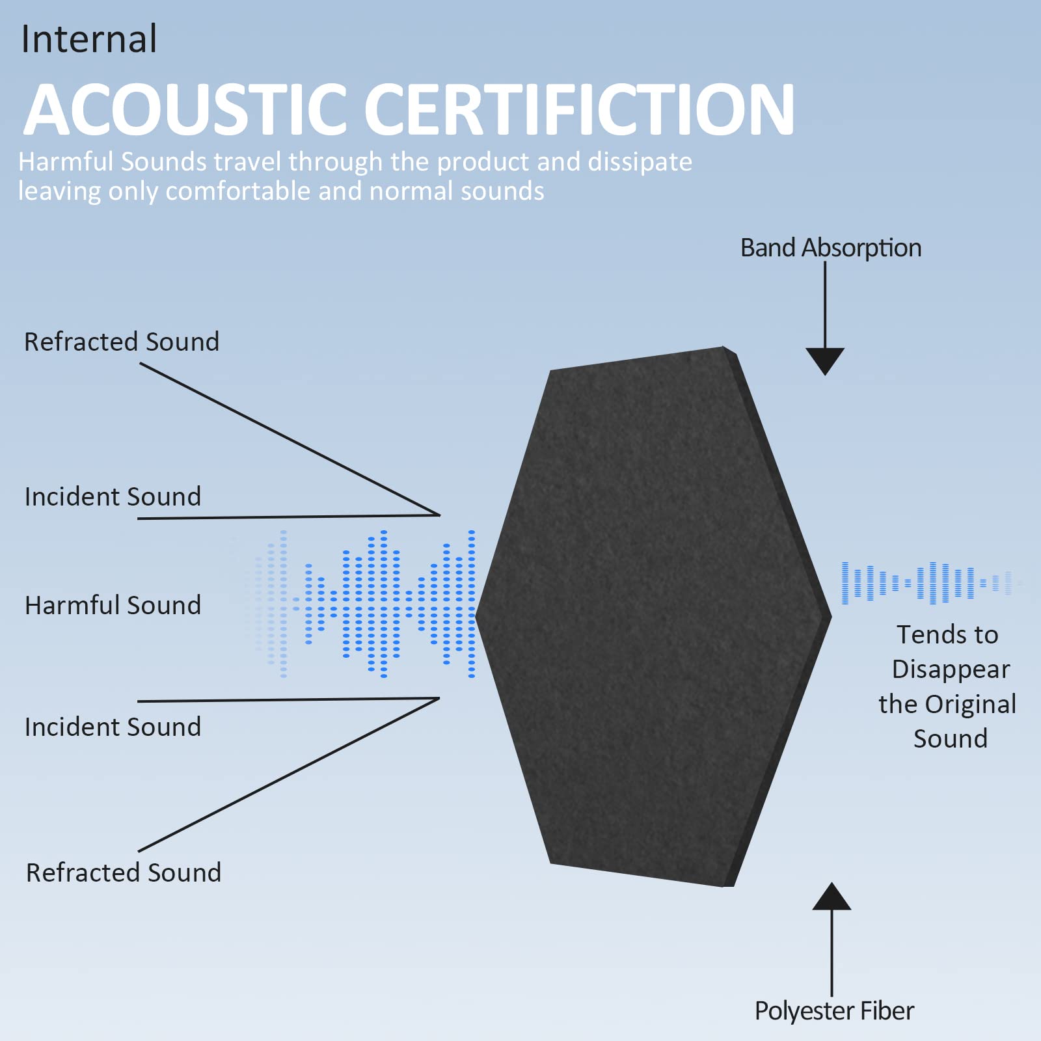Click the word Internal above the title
point(89,39)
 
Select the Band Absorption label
point(831,248)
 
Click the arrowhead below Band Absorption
point(825,360)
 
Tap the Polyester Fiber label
point(834,1011)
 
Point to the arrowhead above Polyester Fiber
point(831,897)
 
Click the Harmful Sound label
point(113,605)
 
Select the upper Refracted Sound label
point(122,342)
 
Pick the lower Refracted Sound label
point(124,872)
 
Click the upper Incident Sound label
point(113,496)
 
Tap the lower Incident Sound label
point(113,727)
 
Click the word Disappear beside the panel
point(951,670)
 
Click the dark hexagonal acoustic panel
point(653,616)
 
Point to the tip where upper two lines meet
point(440,515)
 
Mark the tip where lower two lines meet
point(440,699)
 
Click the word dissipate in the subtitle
point(640,163)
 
